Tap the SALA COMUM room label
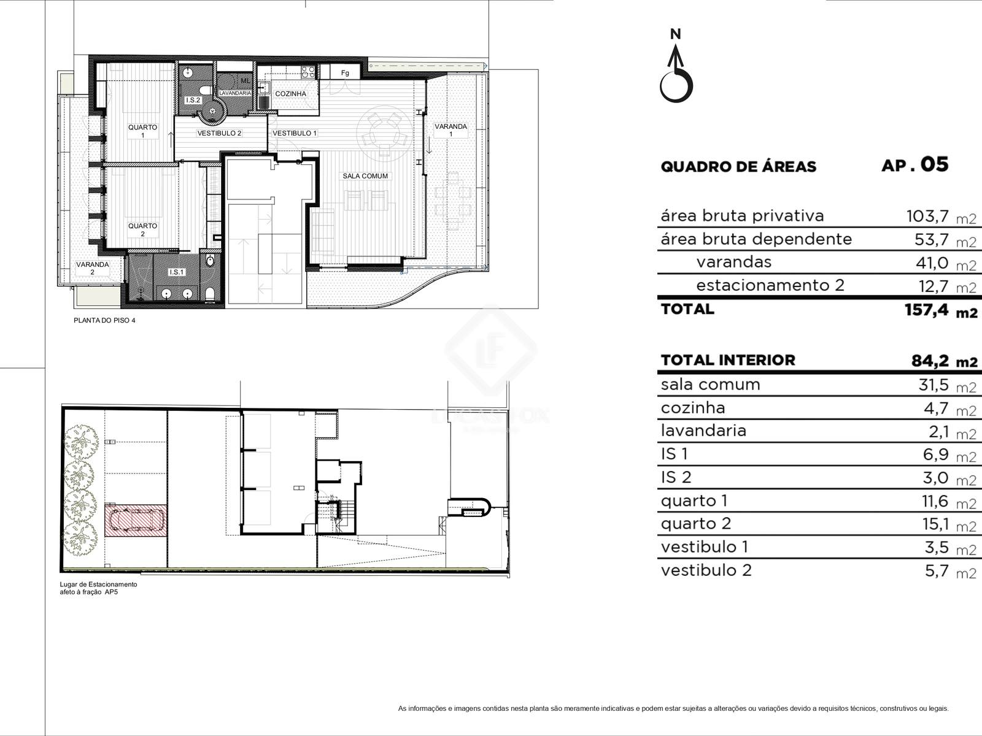pyautogui.click(x=365, y=176)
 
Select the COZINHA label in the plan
pyautogui.click(x=290, y=94)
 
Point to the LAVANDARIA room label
pyautogui.click(x=235, y=93)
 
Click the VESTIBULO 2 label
pyautogui.click(x=219, y=133)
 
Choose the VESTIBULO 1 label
pyautogui.click(x=295, y=133)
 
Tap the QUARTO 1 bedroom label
pyautogui.click(x=143, y=131)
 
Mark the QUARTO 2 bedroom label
pyautogui.click(x=143, y=229)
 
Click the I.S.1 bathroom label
pyautogui.click(x=176, y=272)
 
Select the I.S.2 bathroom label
pyautogui.click(x=193, y=100)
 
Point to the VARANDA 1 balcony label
pyautogui.click(x=450, y=130)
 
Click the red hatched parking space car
pyautogui.click(x=136, y=521)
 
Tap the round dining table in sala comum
pyautogui.click(x=384, y=132)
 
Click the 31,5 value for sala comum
pyautogui.click(x=934, y=385)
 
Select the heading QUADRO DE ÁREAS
pyautogui.click(x=738, y=167)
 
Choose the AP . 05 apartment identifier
pyautogui.click(x=915, y=165)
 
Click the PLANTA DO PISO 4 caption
pyautogui.click(x=104, y=320)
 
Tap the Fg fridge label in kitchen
pyautogui.click(x=345, y=73)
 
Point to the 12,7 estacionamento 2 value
pyautogui.click(x=934, y=286)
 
